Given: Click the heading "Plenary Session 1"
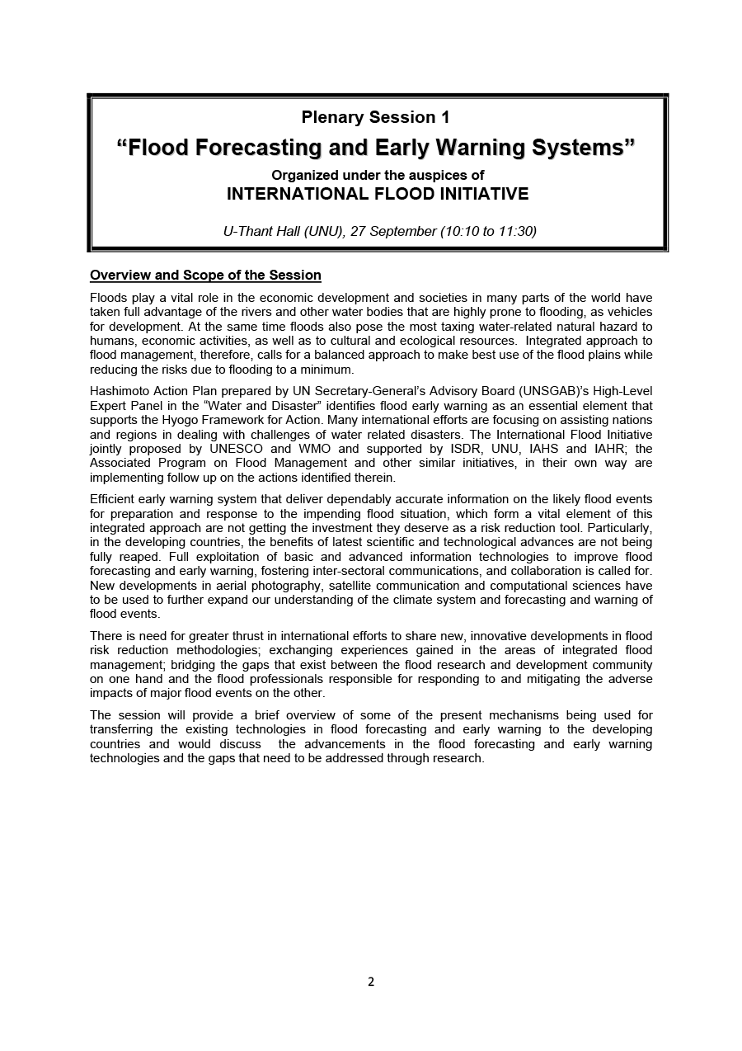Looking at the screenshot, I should coord(375,117).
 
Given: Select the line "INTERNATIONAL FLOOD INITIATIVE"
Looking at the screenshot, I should coord(378,195).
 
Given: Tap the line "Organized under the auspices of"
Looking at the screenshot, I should coord(378,175).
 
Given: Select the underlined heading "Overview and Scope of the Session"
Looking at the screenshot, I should coord(205,276).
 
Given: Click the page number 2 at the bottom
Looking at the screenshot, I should coord(371,982).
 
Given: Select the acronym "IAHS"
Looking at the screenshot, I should coord(543,449).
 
